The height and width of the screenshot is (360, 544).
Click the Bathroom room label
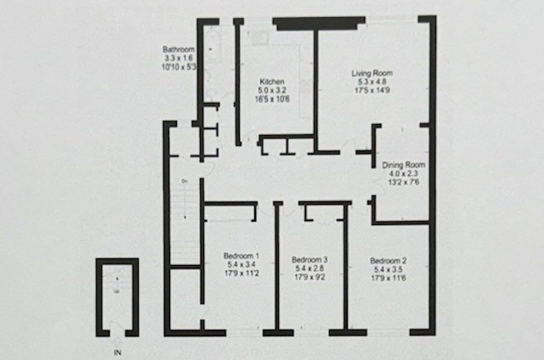(x=179, y=49)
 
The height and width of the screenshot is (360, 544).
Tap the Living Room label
(x=371, y=73)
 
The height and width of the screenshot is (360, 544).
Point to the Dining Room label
(x=404, y=165)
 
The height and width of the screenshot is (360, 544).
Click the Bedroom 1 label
(x=241, y=256)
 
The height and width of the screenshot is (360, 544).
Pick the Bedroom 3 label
(x=309, y=259)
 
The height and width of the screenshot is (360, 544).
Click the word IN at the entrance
(x=118, y=352)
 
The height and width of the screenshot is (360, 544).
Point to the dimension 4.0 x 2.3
(x=404, y=173)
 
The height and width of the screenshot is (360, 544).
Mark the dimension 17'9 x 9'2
(x=309, y=276)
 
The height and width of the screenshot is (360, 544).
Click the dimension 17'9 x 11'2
(x=241, y=273)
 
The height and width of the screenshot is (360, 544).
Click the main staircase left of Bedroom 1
(x=184, y=222)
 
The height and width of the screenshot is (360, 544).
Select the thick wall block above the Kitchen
(x=319, y=23)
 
